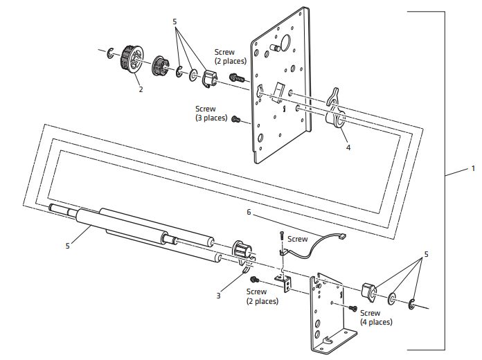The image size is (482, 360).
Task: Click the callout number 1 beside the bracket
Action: click(473, 169)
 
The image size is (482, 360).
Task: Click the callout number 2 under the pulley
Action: click(141, 89)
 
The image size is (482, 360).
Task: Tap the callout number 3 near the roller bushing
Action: click(218, 295)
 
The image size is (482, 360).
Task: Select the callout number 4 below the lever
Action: click(349, 147)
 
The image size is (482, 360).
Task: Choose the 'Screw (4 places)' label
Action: click(376, 318)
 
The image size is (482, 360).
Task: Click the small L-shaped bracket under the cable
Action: click(283, 281)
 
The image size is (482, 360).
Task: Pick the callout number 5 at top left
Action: click(175, 22)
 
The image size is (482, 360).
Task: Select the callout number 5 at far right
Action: click(426, 254)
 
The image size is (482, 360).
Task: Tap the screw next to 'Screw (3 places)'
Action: click(235, 119)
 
